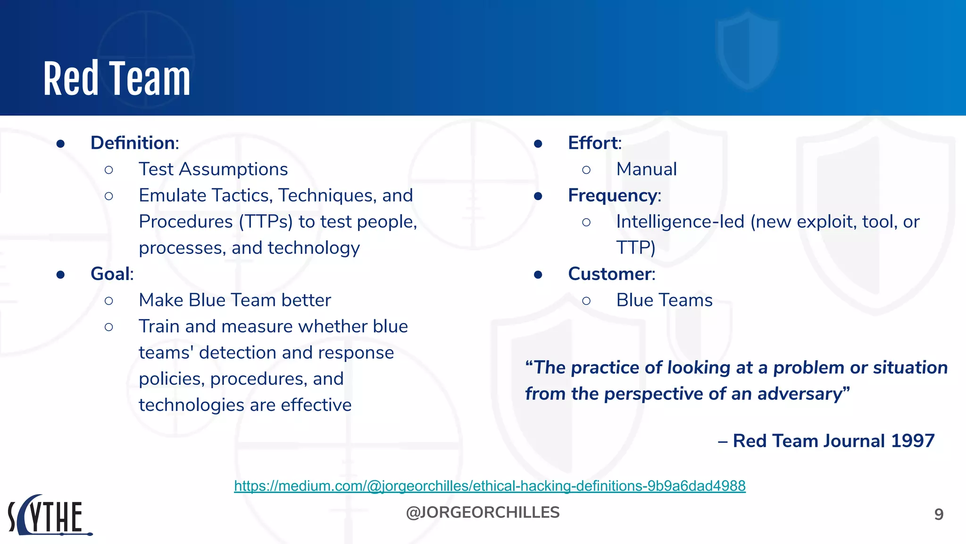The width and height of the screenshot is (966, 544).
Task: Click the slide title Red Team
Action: coord(117,79)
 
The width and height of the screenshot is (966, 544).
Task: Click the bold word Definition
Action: coord(133,143)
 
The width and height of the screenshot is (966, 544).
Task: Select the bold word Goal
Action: coord(111,274)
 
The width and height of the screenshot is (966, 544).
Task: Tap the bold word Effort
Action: coord(593,143)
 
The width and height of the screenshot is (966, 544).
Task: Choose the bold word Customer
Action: coord(610,274)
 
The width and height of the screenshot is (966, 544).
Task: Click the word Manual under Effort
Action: coord(646,169)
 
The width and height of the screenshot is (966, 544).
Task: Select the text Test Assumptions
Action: coord(213,169)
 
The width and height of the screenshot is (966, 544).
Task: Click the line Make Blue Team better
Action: coord(235,300)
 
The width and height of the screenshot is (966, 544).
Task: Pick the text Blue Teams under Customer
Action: coord(664,300)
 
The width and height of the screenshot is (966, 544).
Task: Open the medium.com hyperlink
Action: coord(490,486)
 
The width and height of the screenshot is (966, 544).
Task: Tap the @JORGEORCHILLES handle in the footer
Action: coord(483,512)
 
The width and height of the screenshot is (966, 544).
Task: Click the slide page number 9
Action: coord(939,514)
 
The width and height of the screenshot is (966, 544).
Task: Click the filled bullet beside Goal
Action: coord(60,275)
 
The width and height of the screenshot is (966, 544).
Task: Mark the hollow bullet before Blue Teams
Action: coord(586,301)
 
